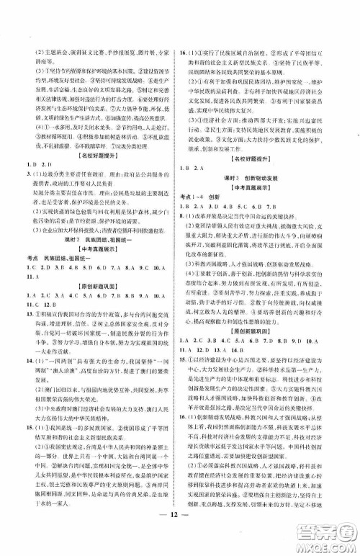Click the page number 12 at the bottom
180,539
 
